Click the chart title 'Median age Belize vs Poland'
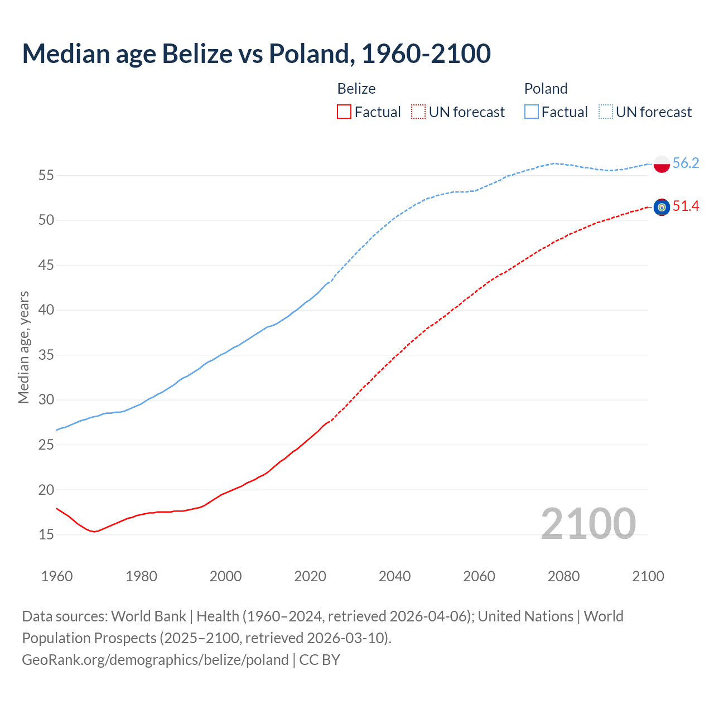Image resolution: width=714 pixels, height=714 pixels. click(x=256, y=54)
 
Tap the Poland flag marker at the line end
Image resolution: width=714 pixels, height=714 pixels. click(x=662, y=163)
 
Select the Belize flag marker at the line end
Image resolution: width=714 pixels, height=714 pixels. click(x=662, y=207)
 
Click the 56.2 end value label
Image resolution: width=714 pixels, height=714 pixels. click(x=686, y=163)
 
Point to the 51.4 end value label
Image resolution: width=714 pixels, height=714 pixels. click(x=686, y=206)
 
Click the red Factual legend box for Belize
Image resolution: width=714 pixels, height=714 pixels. click(x=344, y=112)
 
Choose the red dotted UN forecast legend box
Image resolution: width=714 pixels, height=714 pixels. click(x=418, y=112)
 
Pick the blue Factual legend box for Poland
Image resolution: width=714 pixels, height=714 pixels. click(x=531, y=112)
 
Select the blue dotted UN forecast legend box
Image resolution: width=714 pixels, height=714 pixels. click(x=605, y=112)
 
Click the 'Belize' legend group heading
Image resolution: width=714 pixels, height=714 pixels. click(x=356, y=89)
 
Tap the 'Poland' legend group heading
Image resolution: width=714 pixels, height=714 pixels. click(x=546, y=89)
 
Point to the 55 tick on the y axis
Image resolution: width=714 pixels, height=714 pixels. click(x=46, y=175)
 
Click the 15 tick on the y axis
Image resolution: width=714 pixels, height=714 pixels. click(x=46, y=534)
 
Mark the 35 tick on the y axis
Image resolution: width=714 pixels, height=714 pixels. click(x=46, y=355)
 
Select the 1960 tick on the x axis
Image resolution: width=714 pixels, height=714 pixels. click(x=57, y=576)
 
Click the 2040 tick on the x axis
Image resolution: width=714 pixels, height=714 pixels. click(x=394, y=576)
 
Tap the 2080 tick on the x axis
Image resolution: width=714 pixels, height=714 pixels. click(x=563, y=576)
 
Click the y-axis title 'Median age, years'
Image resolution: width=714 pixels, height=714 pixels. click(x=23, y=347)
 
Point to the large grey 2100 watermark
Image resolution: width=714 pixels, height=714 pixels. click(x=588, y=523)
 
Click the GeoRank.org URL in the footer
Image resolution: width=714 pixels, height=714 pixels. click(x=155, y=660)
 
